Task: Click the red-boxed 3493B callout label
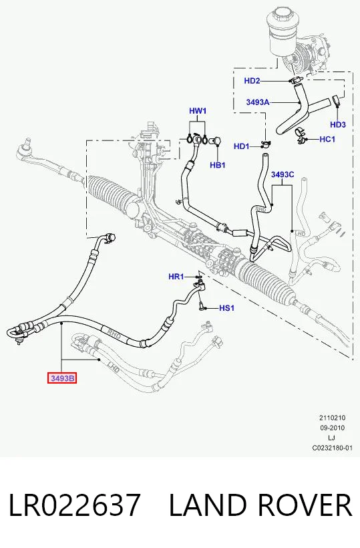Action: coord(62,378)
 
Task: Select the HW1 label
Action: coord(198,111)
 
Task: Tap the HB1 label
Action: coord(218,165)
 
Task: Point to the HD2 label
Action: coord(252,81)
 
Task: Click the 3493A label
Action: coord(258,102)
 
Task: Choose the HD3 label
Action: coord(338,124)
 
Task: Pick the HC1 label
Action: coord(327,139)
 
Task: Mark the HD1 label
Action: coord(242,146)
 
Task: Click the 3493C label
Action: coord(283,174)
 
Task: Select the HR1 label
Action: coord(176,277)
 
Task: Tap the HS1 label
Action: coord(226,308)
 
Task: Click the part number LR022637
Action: coord(74,505)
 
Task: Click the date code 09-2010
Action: coord(333,428)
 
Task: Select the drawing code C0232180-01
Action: coord(333,448)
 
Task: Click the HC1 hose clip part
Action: coord(301,136)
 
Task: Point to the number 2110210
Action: coord(333,418)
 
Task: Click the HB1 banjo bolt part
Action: coord(216,141)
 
